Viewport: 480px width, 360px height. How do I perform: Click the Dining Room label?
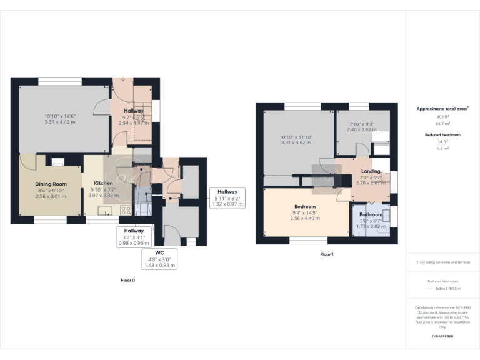pyautogui.click(x=51, y=184)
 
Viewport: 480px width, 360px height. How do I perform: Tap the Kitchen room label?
pyautogui.click(x=104, y=184)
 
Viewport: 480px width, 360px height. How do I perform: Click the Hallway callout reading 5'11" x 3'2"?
pyautogui.click(x=227, y=198)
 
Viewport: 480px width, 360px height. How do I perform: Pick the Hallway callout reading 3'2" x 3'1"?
pyautogui.click(x=133, y=237)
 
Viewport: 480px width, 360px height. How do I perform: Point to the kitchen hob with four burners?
pyautogui.click(x=126, y=211)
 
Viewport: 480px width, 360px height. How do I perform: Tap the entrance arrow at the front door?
pyautogui.click(x=124, y=79)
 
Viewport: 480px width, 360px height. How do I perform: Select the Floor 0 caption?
pyautogui.click(x=127, y=281)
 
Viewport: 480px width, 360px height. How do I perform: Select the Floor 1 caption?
pyautogui.click(x=326, y=254)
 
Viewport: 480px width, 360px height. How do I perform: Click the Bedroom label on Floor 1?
pyautogui.click(x=306, y=207)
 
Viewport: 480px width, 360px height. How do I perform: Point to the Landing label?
pyautogui.click(x=371, y=171)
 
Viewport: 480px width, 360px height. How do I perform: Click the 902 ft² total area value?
pyautogui.click(x=442, y=117)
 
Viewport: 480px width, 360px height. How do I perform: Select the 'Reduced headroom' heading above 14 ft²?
pyautogui.click(x=442, y=134)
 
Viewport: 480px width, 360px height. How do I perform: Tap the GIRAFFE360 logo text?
pyautogui.click(x=442, y=336)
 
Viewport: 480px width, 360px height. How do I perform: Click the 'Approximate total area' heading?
pyautogui.click(x=442, y=109)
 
